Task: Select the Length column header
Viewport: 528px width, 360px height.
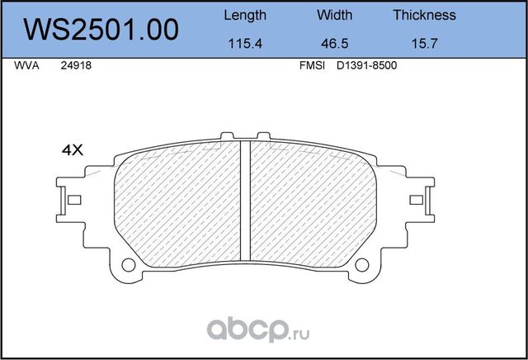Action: click(x=245, y=15)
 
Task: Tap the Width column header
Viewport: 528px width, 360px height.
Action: click(x=334, y=15)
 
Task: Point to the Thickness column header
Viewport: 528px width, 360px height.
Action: click(x=424, y=15)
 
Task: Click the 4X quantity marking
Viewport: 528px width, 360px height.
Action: click(x=73, y=150)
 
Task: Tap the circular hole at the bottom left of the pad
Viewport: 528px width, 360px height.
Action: click(x=129, y=264)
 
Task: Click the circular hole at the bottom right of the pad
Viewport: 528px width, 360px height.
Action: click(x=361, y=264)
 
